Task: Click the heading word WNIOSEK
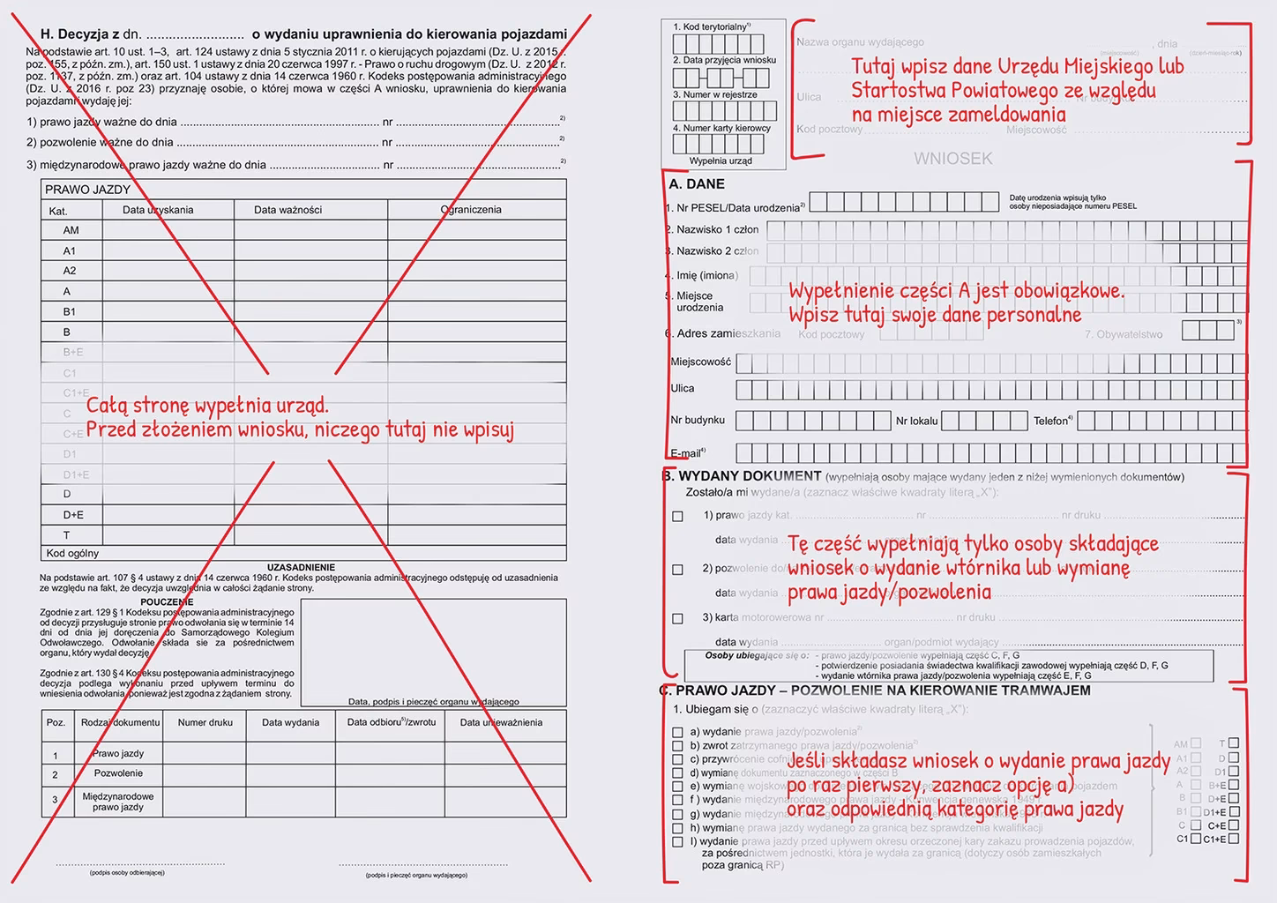(x=952, y=159)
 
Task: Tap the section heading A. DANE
(x=697, y=184)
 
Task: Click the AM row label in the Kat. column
(x=71, y=230)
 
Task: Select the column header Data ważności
(x=288, y=210)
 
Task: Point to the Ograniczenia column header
(x=471, y=210)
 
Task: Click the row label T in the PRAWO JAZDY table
(x=67, y=535)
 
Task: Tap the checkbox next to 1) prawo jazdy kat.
(x=677, y=517)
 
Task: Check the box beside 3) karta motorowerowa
(x=677, y=619)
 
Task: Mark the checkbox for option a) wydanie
(x=677, y=732)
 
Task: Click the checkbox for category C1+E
(x=1233, y=839)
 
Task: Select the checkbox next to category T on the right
(x=1233, y=743)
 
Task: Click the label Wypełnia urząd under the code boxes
(x=721, y=161)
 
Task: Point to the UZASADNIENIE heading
(x=301, y=567)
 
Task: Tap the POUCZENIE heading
(x=167, y=602)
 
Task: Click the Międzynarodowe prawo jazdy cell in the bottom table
(x=118, y=802)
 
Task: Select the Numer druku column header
(x=205, y=722)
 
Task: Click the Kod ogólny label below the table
(x=72, y=554)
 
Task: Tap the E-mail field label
(x=688, y=453)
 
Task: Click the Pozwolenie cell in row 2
(x=118, y=773)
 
